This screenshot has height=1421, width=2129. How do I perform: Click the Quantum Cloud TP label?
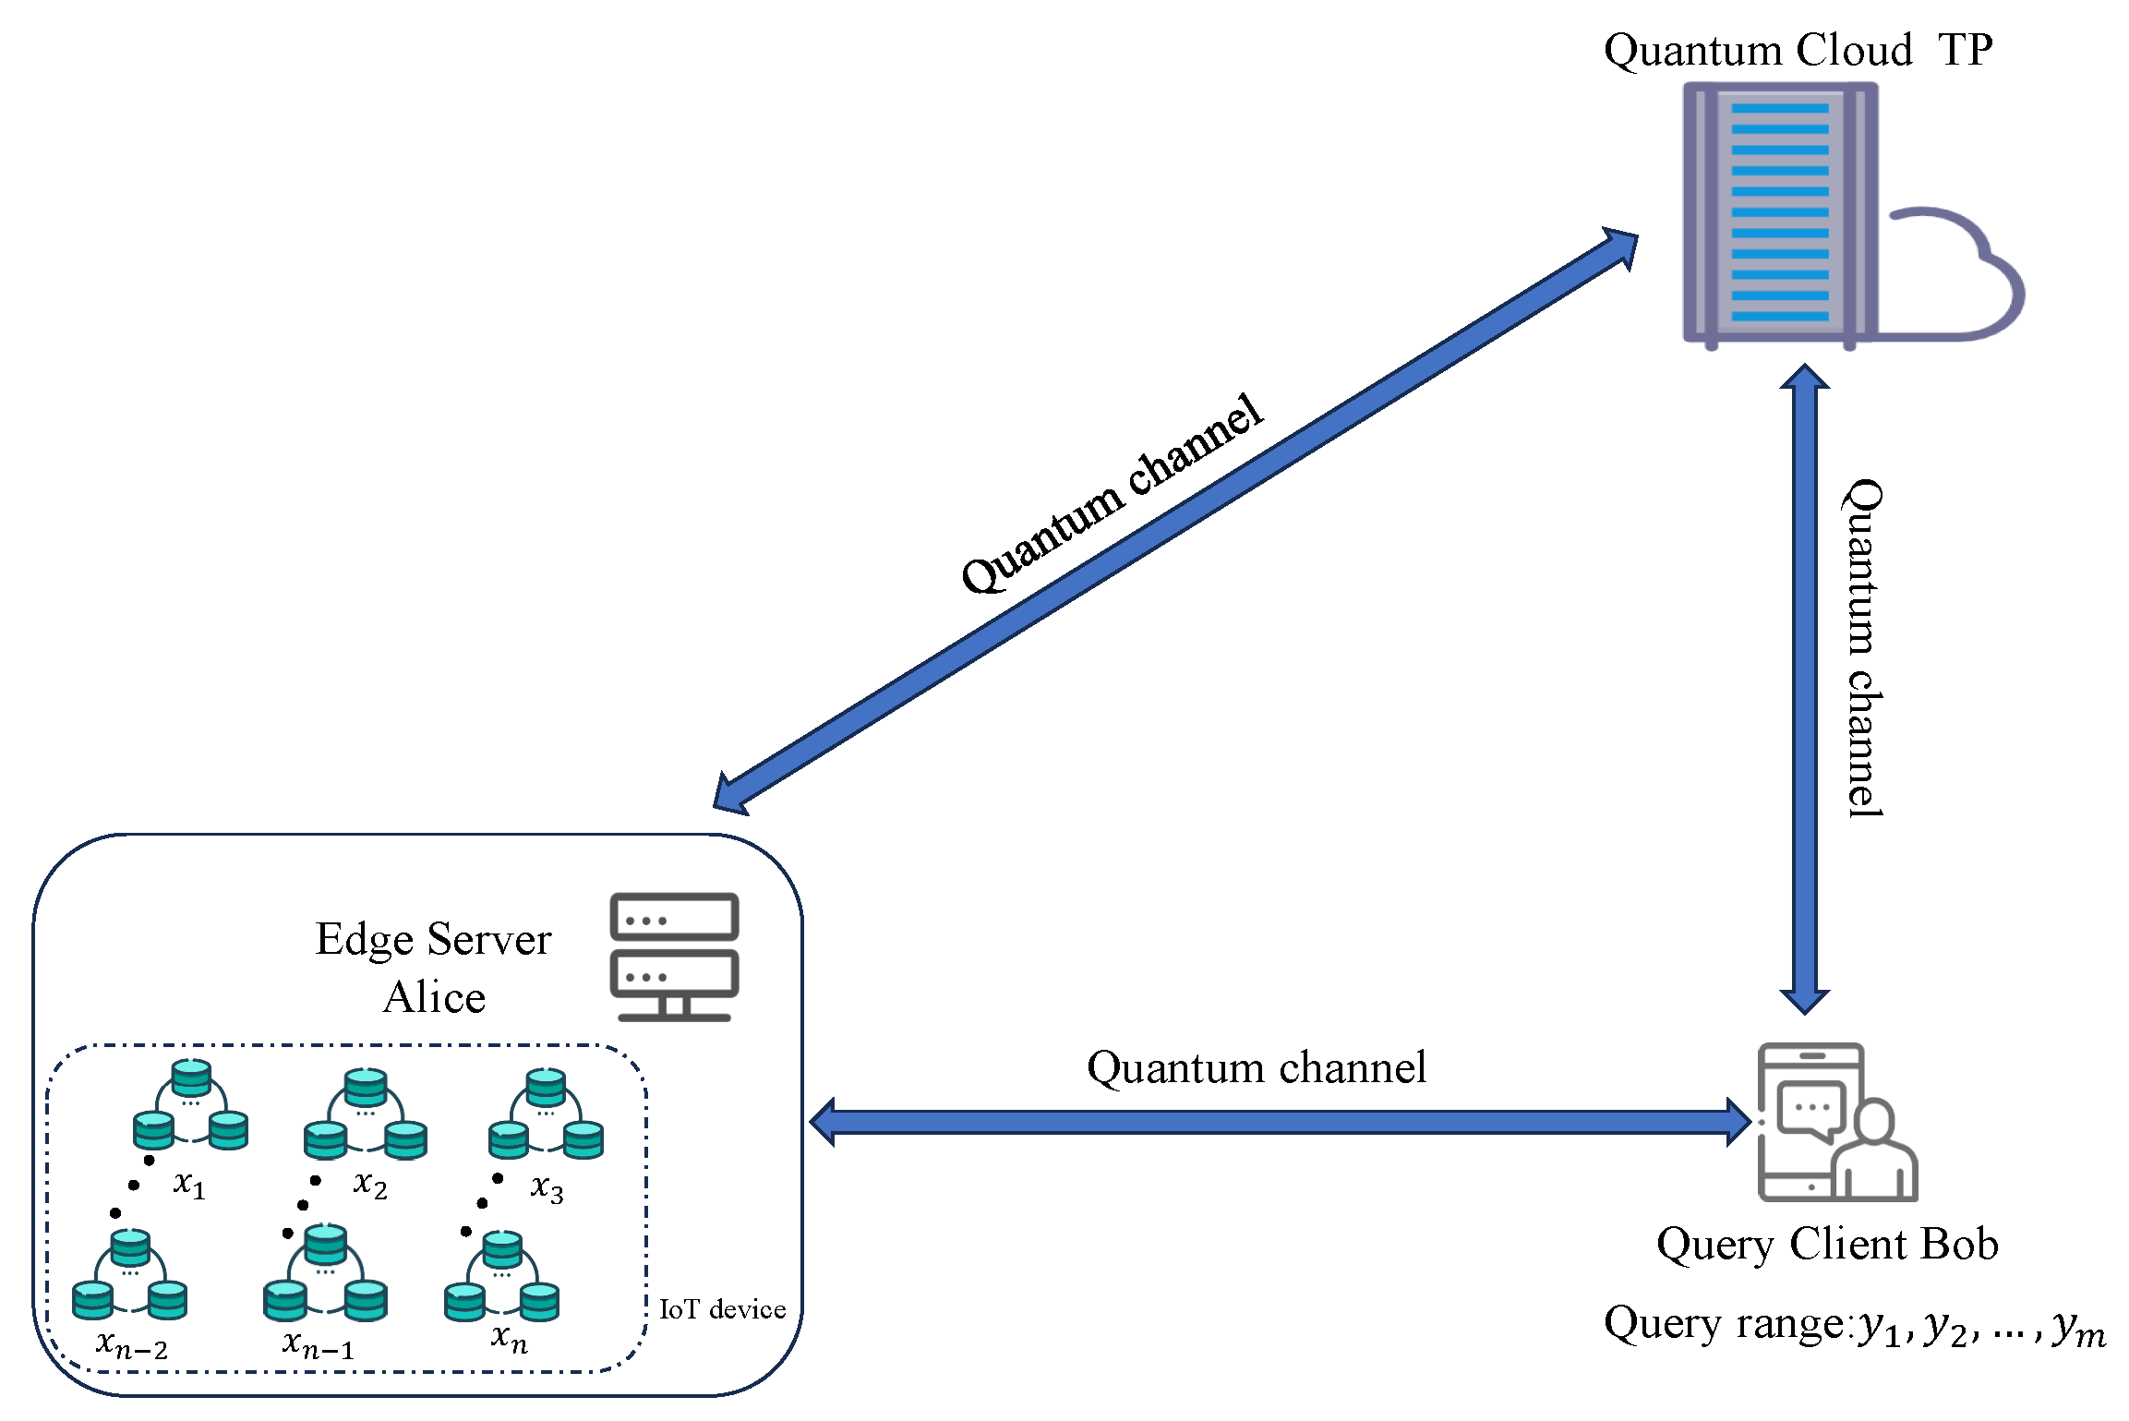(1797, 50)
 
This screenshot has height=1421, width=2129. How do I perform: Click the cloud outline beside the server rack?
(1957, 277)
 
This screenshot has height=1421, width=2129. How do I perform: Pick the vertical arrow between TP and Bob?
(1804, 689)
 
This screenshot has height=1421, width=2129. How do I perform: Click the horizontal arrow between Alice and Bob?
(1280, 1122)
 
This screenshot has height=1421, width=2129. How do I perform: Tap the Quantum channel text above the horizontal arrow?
(1256, 1067)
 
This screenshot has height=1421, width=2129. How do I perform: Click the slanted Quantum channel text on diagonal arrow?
(1112, 495)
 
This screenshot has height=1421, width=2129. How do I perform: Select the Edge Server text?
(433, 940)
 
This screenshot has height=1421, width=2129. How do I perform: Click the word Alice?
(434, 998)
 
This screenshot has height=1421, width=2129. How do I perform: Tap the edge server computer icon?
(674, 957)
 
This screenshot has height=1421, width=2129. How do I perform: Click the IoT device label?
(722, 1309)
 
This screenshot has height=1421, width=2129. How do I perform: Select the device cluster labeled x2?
(366, 1114)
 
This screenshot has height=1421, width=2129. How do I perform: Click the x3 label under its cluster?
(547, 1188)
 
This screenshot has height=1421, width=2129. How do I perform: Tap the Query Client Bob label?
(1827, 1245)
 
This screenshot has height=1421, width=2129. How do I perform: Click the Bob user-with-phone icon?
(1836, 1122)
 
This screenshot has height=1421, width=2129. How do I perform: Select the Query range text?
(1854, 1326)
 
